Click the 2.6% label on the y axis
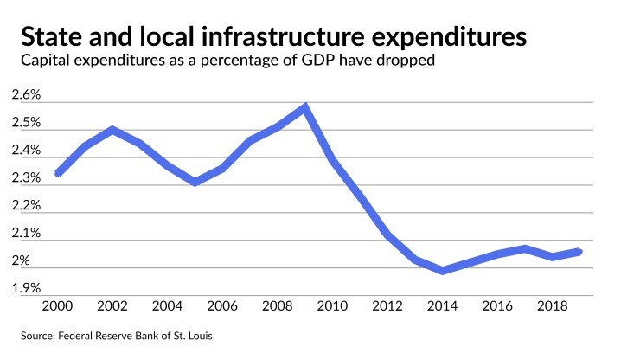click(x=26, y=95)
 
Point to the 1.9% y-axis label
click(x=26, y=288)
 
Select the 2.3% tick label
click(x=26, y=178)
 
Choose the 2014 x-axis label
click(x=444, y=305)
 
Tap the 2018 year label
click(x=554, y=305)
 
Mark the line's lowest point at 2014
click(x=444, y=271)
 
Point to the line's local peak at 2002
click(x=112, y=130)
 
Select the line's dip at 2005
click(x=195, y=182)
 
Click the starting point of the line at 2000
click(x=58, y=173)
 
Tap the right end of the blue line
click(x=579, y=252)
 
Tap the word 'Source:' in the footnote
click(x=37, y=334)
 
